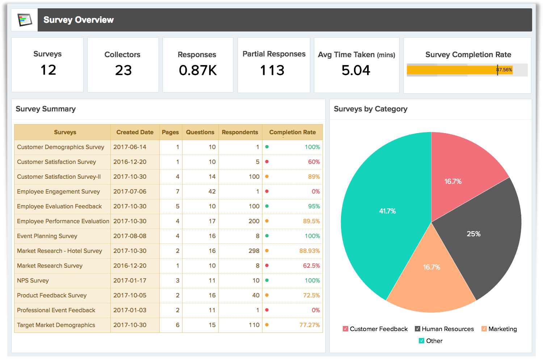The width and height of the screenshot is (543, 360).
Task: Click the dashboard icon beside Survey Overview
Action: coord(25,20)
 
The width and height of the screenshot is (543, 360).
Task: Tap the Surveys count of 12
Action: coord(48,70)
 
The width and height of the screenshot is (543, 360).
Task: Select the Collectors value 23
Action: coord(123,70)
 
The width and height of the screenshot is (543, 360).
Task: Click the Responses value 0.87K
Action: coord(198,70)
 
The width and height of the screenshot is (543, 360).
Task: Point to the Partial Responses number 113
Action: coord(272,70)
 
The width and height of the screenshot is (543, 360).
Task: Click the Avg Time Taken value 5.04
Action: coord(356,70)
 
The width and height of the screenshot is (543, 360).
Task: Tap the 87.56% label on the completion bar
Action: coord(505,70)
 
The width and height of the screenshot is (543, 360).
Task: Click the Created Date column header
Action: coord(135,132)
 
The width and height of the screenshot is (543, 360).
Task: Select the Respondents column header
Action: coord(240,132)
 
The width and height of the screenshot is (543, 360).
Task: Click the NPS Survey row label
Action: coord(33,281)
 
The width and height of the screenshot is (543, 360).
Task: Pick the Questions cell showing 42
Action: coord(212,192)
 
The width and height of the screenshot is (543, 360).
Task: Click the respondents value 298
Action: coord(254,251)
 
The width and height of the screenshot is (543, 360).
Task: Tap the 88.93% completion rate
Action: coord(310,251)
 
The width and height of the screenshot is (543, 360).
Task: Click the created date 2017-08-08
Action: coord(130,236)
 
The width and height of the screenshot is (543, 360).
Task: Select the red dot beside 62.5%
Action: coord(267,266)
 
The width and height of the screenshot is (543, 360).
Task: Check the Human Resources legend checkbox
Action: coord(417,329)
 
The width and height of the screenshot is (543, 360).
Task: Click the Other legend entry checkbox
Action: coord(421,341)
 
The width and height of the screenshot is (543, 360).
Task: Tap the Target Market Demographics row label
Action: coord(56,325)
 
